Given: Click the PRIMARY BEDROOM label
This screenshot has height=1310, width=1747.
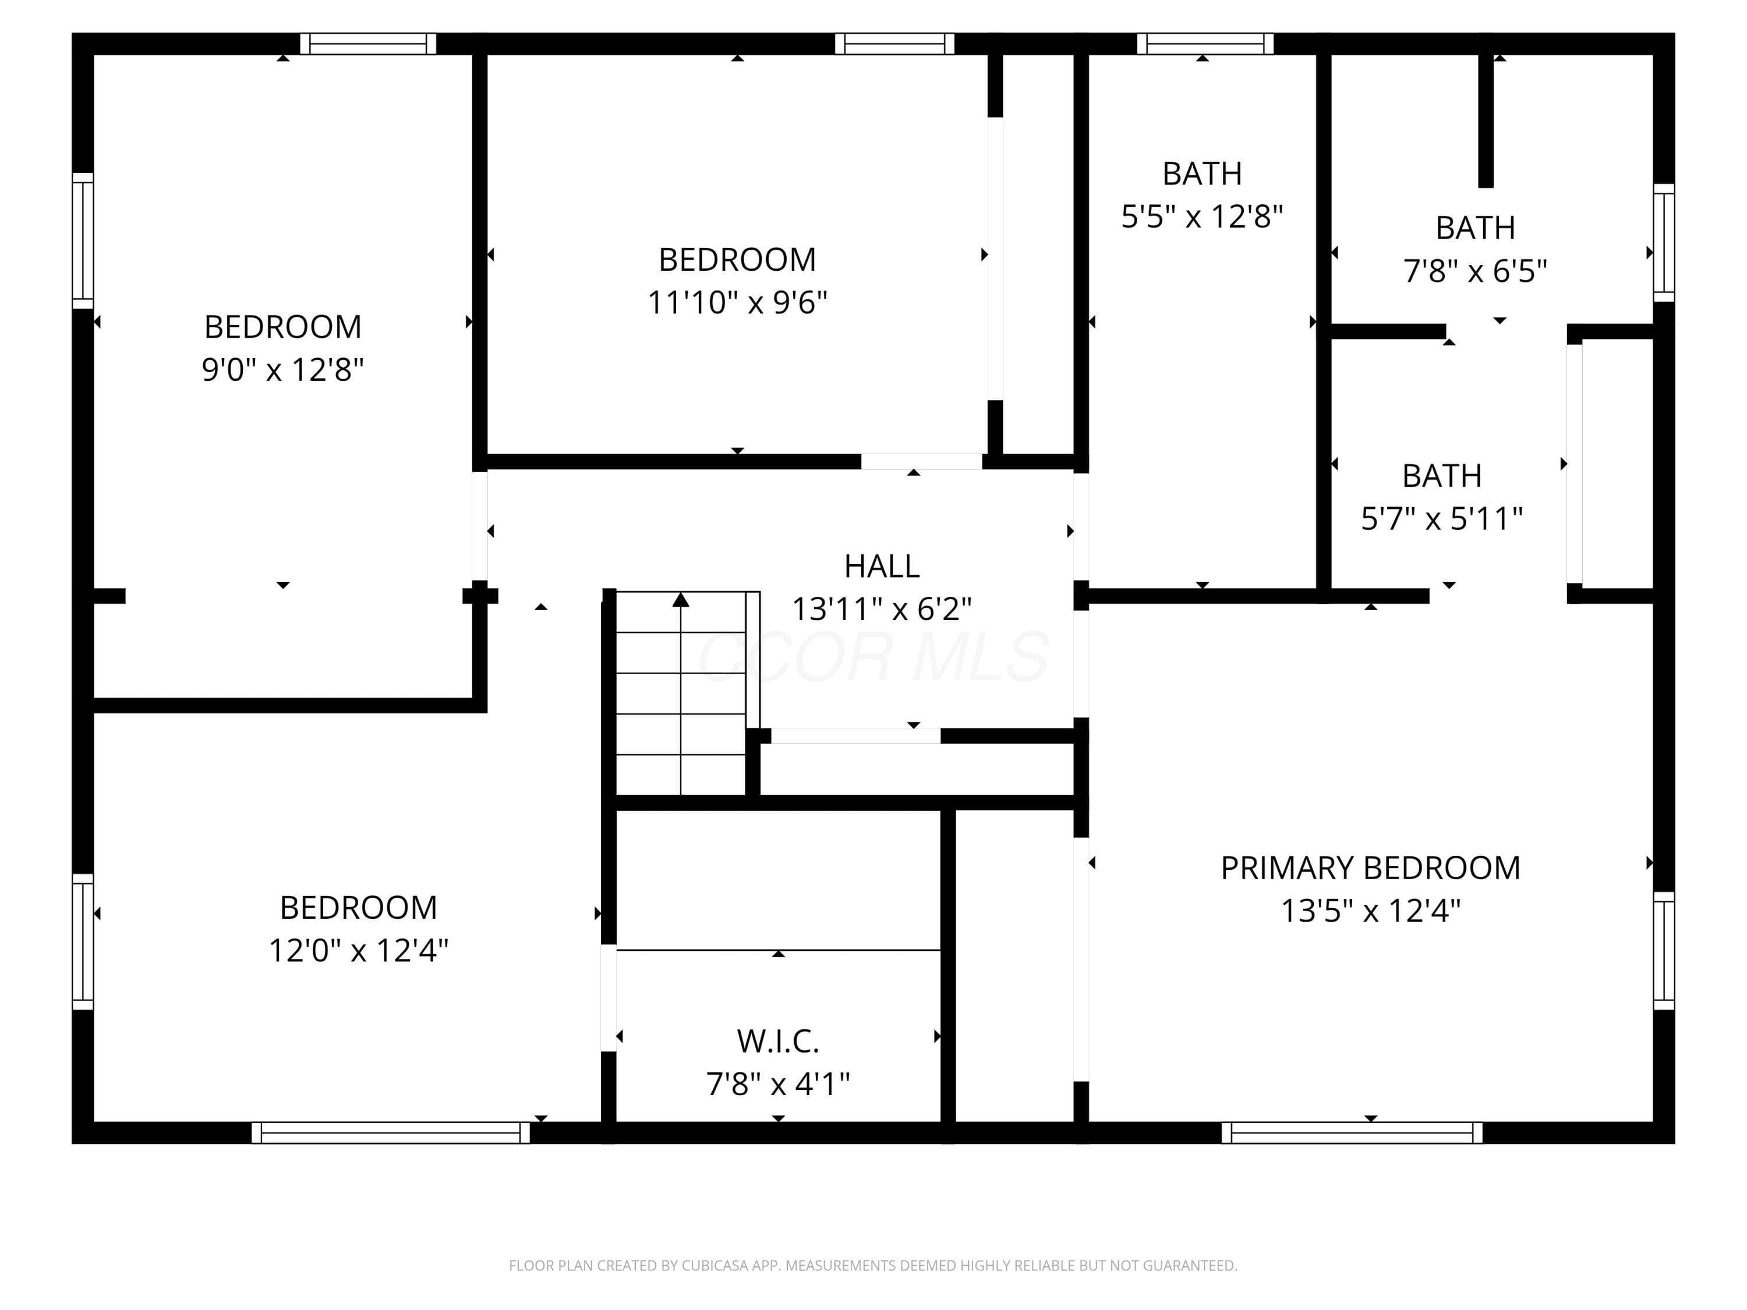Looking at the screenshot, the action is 1370,868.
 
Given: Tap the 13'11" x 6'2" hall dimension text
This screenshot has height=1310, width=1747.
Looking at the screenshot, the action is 882,609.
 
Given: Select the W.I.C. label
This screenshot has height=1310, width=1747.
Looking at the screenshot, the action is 778,1042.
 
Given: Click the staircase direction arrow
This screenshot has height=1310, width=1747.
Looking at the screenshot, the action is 681,692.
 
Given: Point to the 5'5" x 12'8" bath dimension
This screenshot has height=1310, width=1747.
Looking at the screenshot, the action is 1202,215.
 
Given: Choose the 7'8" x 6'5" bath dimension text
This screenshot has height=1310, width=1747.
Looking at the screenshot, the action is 1474,271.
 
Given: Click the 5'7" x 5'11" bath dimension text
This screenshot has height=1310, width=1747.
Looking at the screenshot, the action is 1441,519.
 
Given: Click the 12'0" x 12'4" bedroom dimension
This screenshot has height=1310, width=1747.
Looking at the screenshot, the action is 359,950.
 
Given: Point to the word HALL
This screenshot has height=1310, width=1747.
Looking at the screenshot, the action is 882,566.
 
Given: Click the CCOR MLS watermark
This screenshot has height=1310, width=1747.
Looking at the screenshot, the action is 873,656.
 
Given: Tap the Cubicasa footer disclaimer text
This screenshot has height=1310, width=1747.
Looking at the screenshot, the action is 873,1266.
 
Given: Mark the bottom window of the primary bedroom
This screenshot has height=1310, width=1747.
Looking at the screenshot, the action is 1352,1132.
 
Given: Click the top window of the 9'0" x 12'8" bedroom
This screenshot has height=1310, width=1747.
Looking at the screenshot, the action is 368,44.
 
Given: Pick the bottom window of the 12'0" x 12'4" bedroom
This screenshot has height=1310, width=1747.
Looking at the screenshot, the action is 390,1132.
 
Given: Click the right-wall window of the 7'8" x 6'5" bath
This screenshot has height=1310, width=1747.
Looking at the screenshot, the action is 1664,242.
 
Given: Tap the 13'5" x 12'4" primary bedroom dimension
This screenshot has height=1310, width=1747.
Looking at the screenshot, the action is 1370,911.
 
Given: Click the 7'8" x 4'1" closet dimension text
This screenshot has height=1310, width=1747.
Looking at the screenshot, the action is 778,1084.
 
